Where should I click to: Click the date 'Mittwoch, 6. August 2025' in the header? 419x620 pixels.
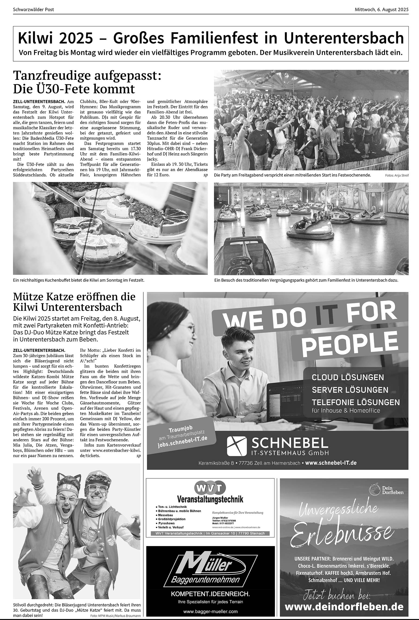[x=381, y=9]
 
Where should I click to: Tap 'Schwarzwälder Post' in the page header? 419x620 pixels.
[x=33, y=9]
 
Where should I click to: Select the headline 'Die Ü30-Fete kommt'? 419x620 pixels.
[x=74, y=89]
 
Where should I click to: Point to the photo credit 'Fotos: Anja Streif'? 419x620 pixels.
[x=397, y=175]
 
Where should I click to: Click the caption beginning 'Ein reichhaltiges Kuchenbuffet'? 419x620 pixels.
[x=79, y=280]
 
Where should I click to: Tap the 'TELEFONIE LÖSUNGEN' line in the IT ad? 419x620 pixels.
[x=356, y=402]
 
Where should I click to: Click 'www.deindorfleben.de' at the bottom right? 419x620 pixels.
[x=344, y=599]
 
